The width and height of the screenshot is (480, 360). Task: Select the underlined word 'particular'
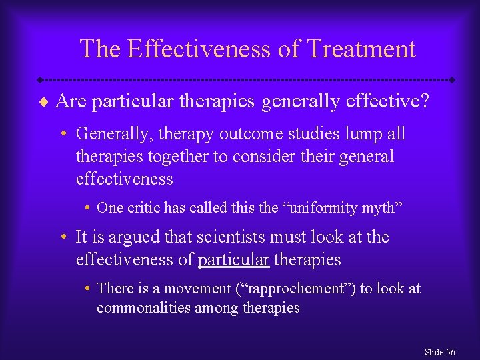(233, 259)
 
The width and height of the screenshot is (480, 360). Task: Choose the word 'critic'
(140, 207)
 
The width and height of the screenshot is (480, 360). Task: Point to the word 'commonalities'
(144, 308)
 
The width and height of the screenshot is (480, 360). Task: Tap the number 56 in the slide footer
(449, 352)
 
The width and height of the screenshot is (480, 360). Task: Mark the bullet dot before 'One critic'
(88, 208)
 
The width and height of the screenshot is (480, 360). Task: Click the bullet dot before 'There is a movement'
(88, 289)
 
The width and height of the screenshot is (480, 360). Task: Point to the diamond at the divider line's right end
(451, 79)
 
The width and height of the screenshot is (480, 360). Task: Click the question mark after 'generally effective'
(424, 101)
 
